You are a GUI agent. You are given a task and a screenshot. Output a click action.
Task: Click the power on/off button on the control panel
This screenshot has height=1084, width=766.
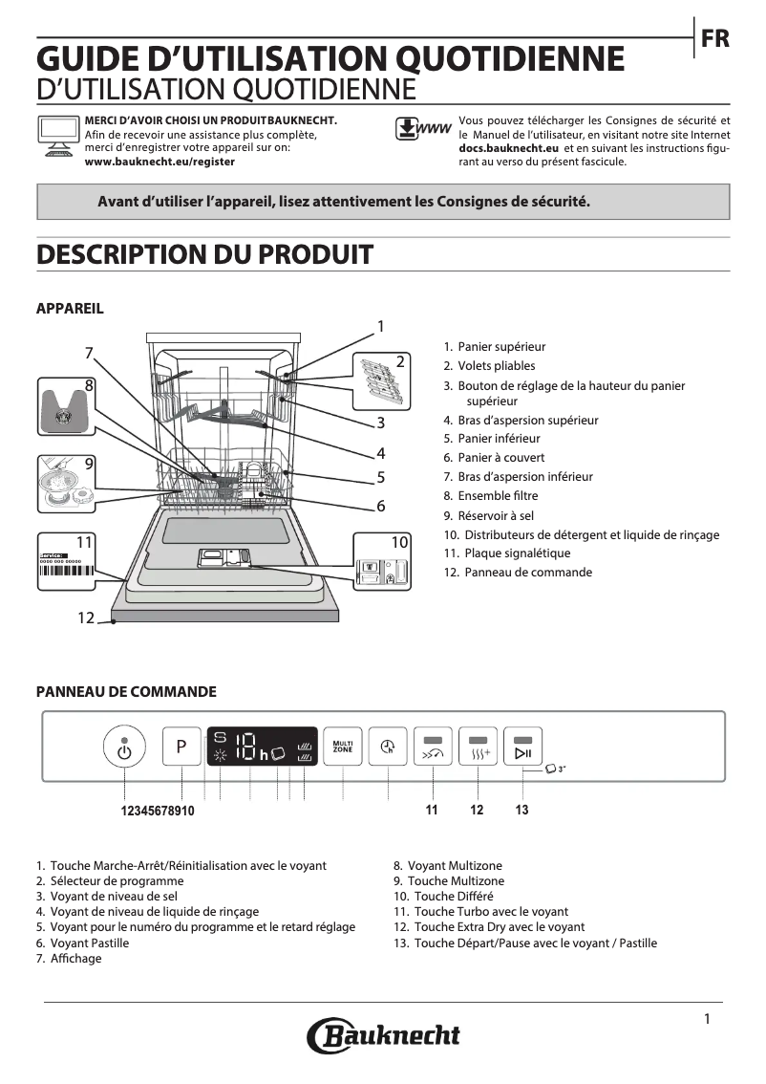pyautogui.click(x=124, y=748)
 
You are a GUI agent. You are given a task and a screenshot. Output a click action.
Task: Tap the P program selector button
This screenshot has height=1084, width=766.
pyautogui.click(x=181, y=748)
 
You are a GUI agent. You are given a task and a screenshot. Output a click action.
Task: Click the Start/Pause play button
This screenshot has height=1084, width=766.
pyautogui.click(x=522, y=748)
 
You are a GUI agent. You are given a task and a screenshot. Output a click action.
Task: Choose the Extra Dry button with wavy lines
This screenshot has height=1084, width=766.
pyautogui.click(x=479, y=748)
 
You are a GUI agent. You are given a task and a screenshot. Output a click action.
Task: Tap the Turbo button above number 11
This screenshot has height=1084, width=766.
pyautogui.click(x=434, y=748)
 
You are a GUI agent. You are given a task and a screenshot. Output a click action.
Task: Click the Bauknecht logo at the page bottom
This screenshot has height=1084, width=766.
pyautogui.click(x=383, y=1035)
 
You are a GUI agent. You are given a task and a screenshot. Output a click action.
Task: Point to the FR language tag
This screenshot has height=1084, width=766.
pyautogui.click(x=714, y=39)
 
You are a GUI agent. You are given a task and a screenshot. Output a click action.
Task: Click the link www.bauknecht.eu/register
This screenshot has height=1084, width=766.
pyautogui.click(x=160, y=163)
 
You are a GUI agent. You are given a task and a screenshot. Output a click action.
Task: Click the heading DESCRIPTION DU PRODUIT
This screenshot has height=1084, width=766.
pyautogui.click(x=203, y=254)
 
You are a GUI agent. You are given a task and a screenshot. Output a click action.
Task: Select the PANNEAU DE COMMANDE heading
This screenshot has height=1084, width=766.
pyautogui.click(x=126, y=692)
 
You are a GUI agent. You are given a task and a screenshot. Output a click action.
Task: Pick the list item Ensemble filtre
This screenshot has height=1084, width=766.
pyautogui.click(x=497, y=496)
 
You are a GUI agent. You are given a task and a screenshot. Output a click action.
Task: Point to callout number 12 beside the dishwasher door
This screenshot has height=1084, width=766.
pyautogui.click(x=86, y=618)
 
